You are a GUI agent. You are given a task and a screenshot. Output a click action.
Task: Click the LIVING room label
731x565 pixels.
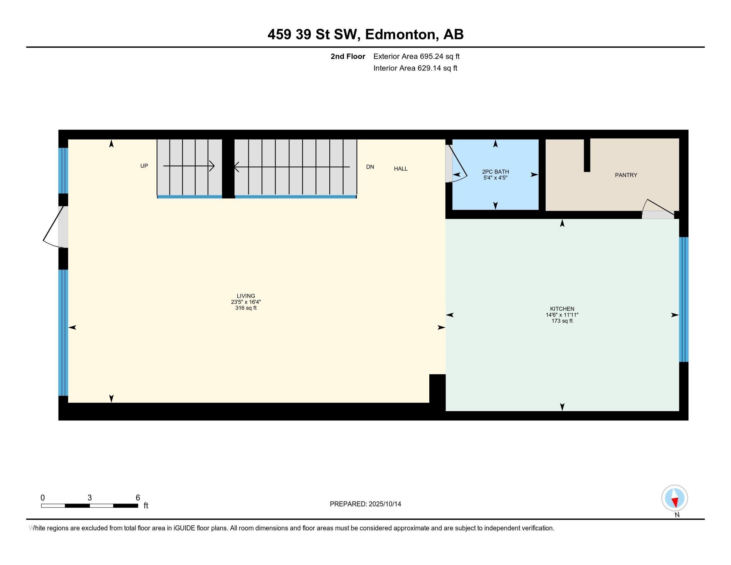(x=246, y=296)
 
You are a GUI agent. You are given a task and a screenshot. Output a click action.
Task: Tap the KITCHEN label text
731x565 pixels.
(x=562, y=309)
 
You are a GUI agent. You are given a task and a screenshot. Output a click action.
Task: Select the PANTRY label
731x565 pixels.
(x=626, y=175)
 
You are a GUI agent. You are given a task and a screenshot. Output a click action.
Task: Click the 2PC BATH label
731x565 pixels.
(x=495, y=172)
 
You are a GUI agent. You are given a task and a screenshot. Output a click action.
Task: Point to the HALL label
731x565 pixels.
(x=401, y=169)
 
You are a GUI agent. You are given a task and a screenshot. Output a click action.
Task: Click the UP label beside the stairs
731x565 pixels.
(x=144, y=166)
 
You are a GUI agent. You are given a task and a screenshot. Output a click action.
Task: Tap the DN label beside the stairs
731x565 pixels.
(x=370, y=167)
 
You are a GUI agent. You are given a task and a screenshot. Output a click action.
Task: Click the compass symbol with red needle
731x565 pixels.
(x=675, y=498)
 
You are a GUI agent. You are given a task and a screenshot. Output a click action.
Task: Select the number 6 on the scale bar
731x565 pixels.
(x=138, y=498)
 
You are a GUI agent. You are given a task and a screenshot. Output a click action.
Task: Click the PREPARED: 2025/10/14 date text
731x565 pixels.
(x=365, y=504)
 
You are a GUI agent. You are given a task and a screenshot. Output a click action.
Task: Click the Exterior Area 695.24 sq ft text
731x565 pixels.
(x=416, y=56)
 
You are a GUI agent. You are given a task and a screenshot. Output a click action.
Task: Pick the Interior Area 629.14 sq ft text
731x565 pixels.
(x=415, y=68)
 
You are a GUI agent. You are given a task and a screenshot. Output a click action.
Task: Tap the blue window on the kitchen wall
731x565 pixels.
(x=683, y=299)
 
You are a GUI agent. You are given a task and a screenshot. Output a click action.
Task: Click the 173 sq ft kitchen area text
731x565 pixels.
(x=562, y=321)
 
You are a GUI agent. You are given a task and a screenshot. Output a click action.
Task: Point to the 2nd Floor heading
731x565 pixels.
(x=348, y=56)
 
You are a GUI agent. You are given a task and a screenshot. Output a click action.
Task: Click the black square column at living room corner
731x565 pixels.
(x=437, y=388)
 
